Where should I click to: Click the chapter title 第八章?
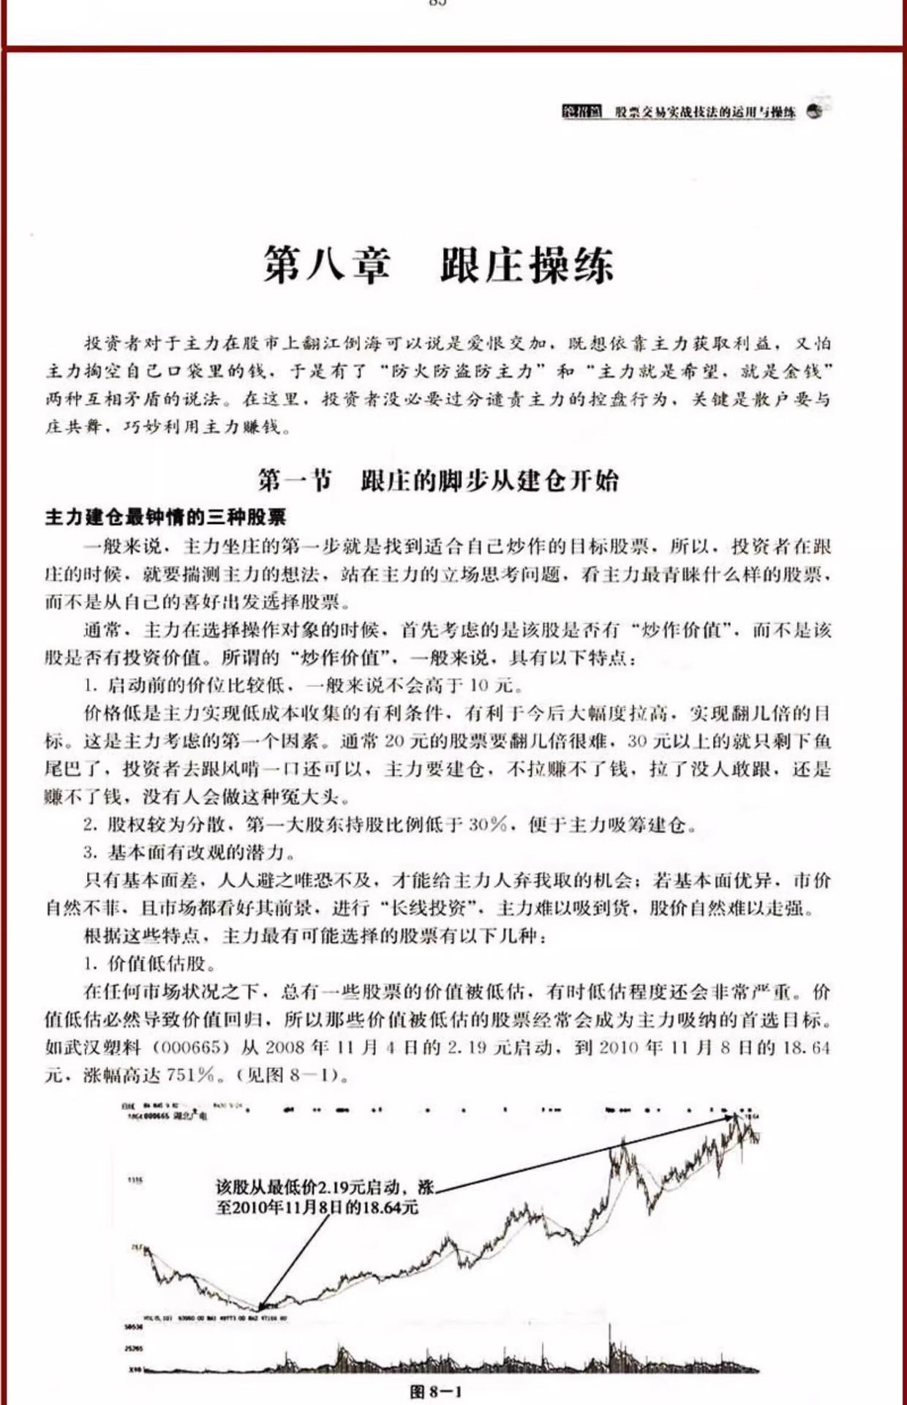327,264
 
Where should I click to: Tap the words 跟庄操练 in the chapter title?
526,264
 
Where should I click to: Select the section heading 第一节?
294,480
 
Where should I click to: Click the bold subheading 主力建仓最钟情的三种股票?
165,517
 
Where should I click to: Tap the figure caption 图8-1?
437,1391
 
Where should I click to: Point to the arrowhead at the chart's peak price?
735,1116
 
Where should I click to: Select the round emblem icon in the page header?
813,111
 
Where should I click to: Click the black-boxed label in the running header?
582,112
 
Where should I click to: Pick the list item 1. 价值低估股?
149,963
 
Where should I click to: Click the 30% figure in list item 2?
487,825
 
